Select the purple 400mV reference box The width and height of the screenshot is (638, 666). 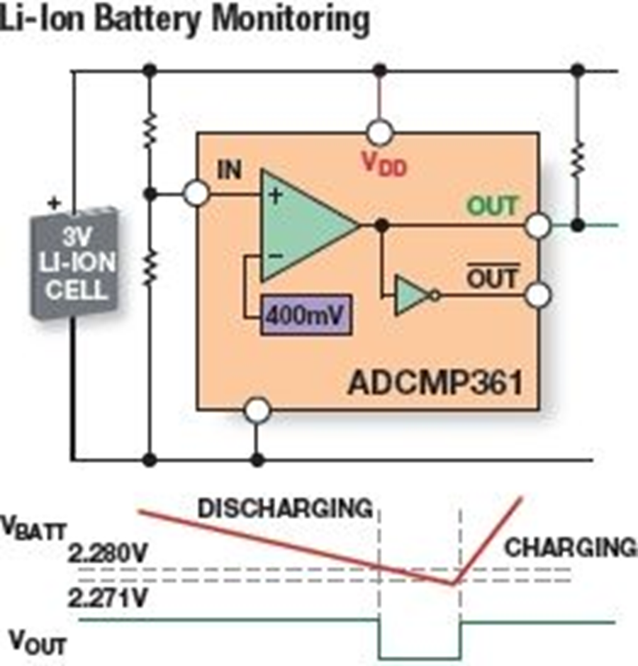coord(306,312)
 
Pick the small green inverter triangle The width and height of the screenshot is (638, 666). coord(411,294)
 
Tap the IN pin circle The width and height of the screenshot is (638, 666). coord(196,193)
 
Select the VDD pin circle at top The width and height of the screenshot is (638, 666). coord(380,131)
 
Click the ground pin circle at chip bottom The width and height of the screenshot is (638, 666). coord(257,410)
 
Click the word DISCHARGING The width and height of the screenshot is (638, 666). coord(284,508)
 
